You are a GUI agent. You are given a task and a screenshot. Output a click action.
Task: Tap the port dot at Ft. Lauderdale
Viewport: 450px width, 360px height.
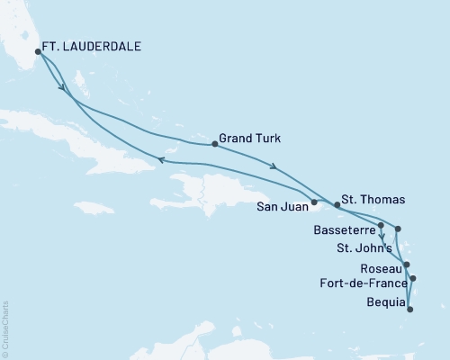coord(37,53)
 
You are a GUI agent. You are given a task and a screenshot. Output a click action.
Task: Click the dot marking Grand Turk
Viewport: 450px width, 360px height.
coord(213,144)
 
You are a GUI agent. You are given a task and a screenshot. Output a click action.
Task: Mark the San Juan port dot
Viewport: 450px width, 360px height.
coord(314,202)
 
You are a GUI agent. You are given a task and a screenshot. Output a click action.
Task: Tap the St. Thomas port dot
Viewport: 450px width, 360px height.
coord(337,205)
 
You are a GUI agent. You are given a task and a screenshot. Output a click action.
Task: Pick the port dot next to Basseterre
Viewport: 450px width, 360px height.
coord(382,225)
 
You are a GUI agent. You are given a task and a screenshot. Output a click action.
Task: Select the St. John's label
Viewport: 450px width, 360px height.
coord(364,247)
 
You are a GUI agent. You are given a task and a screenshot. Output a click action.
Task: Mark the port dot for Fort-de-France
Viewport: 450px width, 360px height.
coord(413,279)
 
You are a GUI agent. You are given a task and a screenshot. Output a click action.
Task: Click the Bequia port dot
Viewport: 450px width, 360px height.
coord(410,310)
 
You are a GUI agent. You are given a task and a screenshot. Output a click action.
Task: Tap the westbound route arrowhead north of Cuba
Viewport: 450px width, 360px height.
coord(160,159)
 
